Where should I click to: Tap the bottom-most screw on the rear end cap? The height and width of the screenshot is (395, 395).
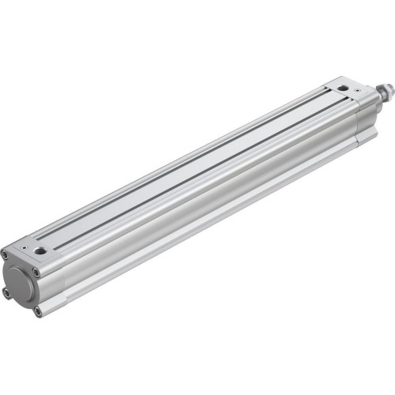pyautogui.click(x=37, y=313)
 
